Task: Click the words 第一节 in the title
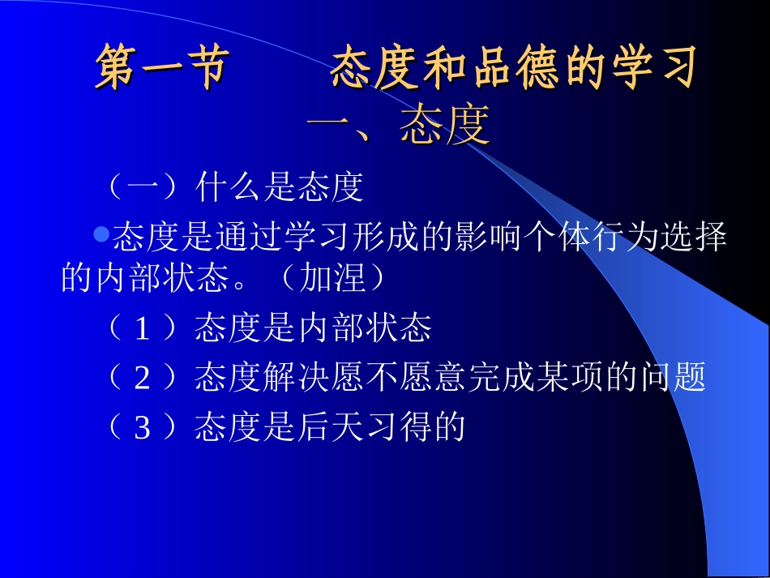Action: (160, 69)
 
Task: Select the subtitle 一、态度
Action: (400, 126)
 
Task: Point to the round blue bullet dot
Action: (101, 235)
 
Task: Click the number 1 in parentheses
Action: (143, 329)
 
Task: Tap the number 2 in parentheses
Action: (143, 378)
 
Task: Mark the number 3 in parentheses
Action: (143, 427)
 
